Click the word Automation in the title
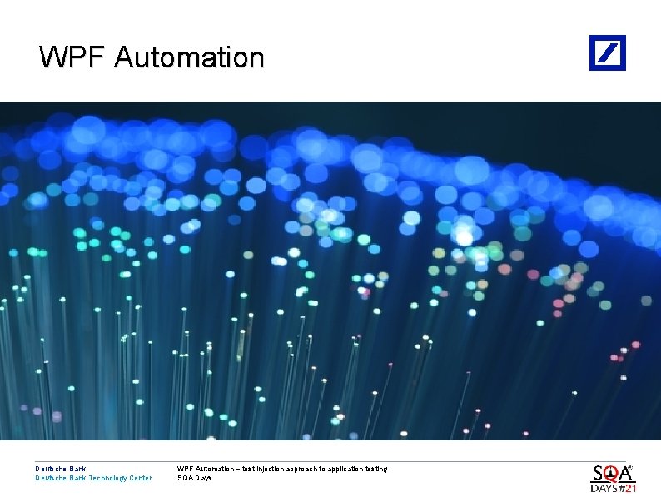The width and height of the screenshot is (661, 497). click(189, 57)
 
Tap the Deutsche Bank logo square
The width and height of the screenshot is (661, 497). click(608, 52)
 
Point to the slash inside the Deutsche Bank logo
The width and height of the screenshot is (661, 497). click(609, 52)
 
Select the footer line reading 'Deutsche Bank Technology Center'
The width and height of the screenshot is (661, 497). click(93, 478)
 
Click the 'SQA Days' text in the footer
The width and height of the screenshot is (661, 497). click(195, 478)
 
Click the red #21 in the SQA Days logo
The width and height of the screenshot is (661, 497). click(627, 488)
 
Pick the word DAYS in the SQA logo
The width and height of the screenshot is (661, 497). click(604, 488)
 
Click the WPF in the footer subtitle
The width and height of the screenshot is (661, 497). click(185, 469)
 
